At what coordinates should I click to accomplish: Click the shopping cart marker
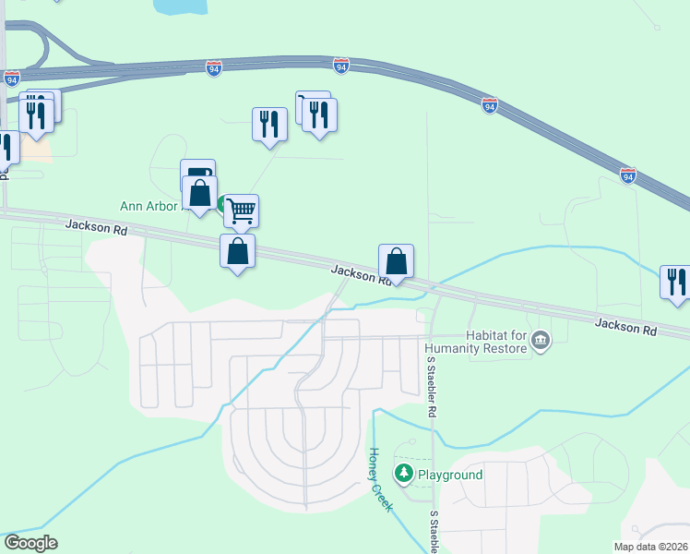[x=241, y=211]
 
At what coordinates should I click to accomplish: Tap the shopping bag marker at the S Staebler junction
[x=396, y=261]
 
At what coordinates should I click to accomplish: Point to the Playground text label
[x=450, y=475]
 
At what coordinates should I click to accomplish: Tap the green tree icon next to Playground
[x=403, y=474]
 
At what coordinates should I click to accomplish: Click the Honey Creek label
[x=381, y=480]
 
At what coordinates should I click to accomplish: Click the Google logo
[x=30, y=543]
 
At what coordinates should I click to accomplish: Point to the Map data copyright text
[x=650, y=547]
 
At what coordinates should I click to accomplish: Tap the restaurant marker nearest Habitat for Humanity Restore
[x=676, y=281]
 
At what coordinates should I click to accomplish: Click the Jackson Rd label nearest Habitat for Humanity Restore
[x=625, y=326]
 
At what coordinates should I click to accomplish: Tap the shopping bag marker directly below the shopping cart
[x=237, y=250]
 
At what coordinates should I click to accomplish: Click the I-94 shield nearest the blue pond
[x=213, y=69]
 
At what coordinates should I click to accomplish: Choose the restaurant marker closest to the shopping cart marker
[x=269, y=124]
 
